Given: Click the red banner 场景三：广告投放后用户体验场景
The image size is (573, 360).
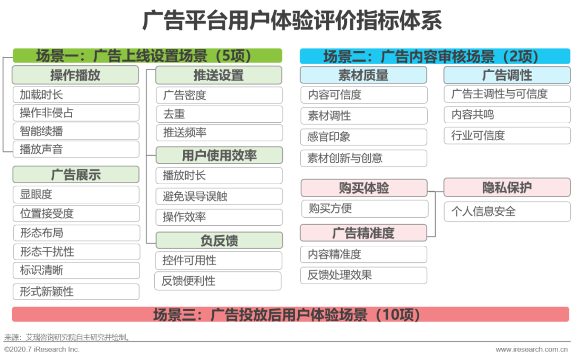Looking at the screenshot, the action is click(x=286, y=314).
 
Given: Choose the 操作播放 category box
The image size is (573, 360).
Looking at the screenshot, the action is click(x=75, y=75).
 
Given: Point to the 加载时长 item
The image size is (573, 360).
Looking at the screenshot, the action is click(x=76, y=95).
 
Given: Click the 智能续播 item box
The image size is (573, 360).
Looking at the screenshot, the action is click(x=76, y=131).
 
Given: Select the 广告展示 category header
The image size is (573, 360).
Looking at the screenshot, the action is click(x=76, y=175).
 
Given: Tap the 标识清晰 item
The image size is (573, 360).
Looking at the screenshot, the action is click(x=76, y=270).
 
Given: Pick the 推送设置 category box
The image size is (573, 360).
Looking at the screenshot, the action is click(x=219, y=75).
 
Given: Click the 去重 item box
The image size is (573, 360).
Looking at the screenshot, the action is click(x=219, y=114).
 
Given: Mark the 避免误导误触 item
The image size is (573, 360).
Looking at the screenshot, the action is click(x=219, y=196).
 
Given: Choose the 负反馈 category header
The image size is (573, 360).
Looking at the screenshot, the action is click(x=219, y=241).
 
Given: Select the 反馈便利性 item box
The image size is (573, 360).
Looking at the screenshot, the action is click(x=218, y=281).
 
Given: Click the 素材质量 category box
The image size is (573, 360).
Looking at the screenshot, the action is click(x=363, y=75).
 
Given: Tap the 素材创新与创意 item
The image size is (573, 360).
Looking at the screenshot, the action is click(x=363, y=158).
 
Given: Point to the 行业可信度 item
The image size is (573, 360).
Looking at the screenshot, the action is click(x=507, y=135).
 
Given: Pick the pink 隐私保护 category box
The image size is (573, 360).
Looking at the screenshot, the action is click(x=507, y=187).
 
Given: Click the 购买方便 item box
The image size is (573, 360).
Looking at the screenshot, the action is click(x=364, y=209).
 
